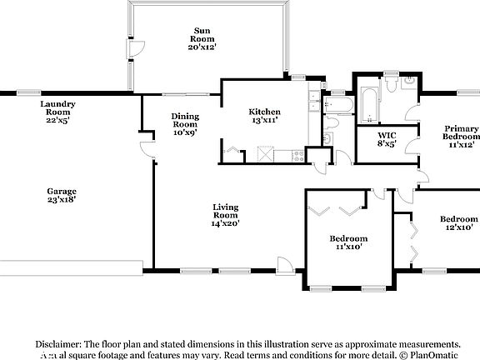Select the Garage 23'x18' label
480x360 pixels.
click(x=62, y=196)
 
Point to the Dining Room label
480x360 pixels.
click(x=185, y=124)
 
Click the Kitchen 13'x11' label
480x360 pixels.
click(x=264, y=116)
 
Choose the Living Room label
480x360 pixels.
click(x=225, y=215)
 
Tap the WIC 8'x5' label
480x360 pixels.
click(x=386, y=139)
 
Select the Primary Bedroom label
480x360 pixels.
click(x=461, y=136)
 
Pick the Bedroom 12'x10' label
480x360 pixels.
click(x=457, y=223)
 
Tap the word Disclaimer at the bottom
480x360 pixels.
click(x=57, y=343)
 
